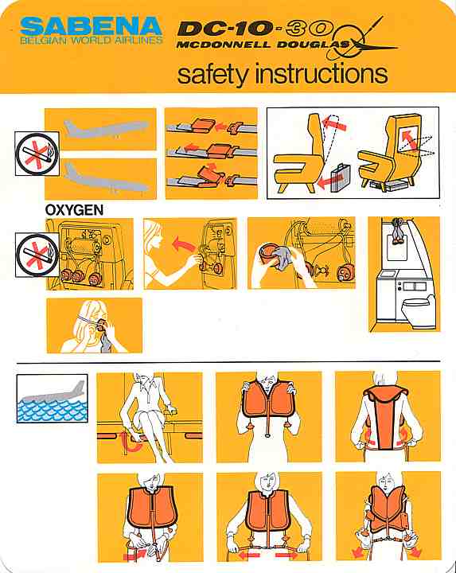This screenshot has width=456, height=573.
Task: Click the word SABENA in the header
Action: point(92,26)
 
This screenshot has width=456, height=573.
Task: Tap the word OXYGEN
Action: point(74,210)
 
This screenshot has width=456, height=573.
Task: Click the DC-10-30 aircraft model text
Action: point(255,29)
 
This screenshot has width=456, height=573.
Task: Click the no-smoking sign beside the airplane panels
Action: point(37,154)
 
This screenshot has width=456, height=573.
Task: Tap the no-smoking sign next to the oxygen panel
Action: point(37,255)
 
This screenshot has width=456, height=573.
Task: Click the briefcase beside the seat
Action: point(340,177)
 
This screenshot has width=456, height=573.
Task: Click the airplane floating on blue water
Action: point(55,394)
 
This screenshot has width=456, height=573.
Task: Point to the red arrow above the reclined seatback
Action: point(334,123)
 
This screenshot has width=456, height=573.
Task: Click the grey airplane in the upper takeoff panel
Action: point(107,128)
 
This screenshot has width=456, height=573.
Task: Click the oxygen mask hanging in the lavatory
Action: point(397,232)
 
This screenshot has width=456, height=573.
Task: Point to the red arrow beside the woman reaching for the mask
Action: point(184,244)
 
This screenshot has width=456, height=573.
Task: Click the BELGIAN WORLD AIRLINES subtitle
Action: point(92,41)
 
